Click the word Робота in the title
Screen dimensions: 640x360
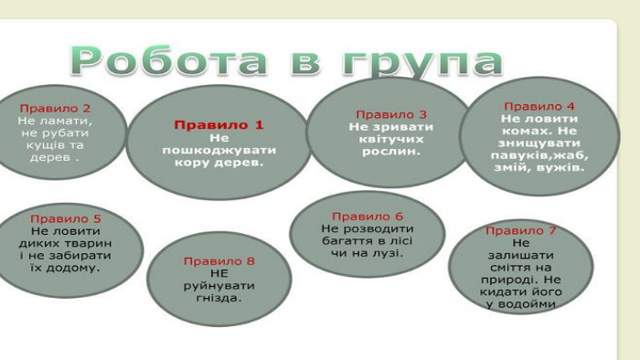[x=169, y=61]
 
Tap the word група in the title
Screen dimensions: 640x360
[x=422, y=63]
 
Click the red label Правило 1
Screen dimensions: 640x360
[x=219, y=125]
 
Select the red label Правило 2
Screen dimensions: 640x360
[x=55, y=109]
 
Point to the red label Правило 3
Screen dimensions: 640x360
[x=391, y=114]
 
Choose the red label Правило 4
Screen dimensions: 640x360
[x=539, y=106]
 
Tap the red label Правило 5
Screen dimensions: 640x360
[x=65, y=219]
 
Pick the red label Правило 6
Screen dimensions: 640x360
[x=368, y=217]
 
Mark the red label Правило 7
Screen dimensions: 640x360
[x=521, y=231]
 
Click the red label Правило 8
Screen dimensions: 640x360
[x=219, y=261]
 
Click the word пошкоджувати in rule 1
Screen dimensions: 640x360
[x=219, y=151]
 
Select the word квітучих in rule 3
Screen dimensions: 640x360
[x=391, y=140]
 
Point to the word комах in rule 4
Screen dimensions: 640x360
[x=524, y=131]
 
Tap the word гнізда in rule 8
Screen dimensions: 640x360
[x=217, y=298]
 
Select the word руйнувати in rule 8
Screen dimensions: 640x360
[x=219, y=286]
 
